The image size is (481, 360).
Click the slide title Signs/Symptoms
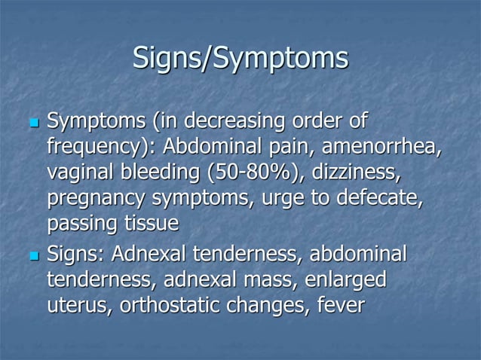click(240, 59)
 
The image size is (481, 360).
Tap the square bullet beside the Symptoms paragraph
click(32, 122)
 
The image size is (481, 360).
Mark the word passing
click(80, 224)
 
